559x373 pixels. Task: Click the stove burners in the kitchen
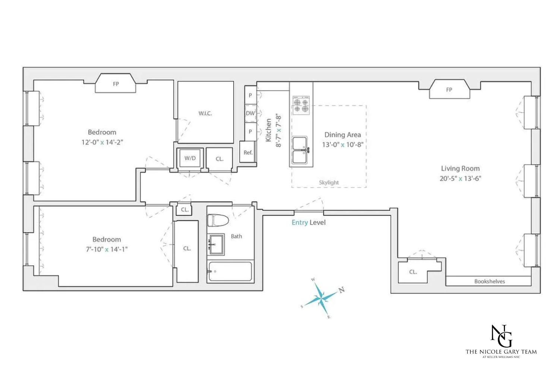click(x=301, y=105)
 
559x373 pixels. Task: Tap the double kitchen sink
click(x=300, y=150)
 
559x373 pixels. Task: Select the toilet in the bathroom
click(x=218, y=220)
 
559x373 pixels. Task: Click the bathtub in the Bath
click(x=230, y=271)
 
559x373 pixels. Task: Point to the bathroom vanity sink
click(x=216, y=244)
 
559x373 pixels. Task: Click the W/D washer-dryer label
click(x=190, y=158)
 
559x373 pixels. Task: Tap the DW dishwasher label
click(x=250, y=113)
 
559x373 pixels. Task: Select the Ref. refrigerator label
click(x=248, y=153)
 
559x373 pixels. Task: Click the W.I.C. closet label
click(x=205, y=113)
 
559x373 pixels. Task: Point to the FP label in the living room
click(x=449, y=90)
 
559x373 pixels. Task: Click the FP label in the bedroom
click(x=116, y=84)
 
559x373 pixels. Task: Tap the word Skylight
click(x=329, y=182)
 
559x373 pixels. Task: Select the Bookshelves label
click(x=489, y=282)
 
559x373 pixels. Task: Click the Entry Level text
click(x=309, y=223)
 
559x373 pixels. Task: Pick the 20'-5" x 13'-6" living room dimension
click(x=460, y=179)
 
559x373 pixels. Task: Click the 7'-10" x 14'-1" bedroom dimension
click(x=107, y=249)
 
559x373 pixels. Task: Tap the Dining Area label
click(x=342, y=135)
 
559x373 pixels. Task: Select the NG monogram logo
click(x=501, y=336)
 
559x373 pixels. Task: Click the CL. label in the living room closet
click(x=413, y=272)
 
